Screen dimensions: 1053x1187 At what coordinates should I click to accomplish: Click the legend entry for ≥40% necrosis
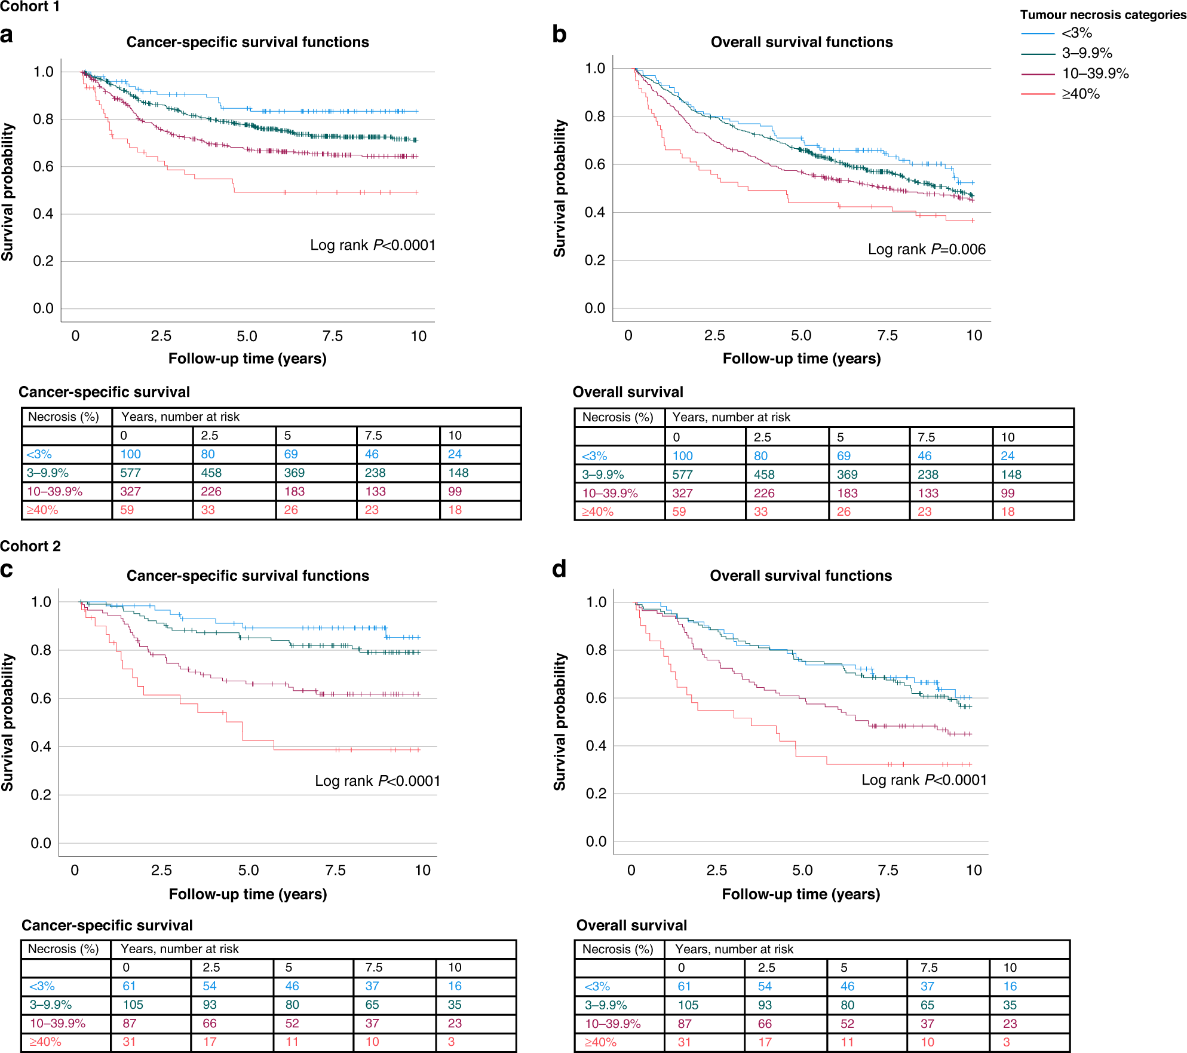1080,94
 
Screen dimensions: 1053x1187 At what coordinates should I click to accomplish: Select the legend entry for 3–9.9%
1086,53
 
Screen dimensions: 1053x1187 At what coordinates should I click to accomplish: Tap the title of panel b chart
801,42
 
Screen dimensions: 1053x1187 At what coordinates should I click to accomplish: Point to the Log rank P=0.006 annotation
926,249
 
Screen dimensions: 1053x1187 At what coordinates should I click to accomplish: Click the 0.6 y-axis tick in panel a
43,166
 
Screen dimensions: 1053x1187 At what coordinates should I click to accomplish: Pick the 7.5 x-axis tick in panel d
888,870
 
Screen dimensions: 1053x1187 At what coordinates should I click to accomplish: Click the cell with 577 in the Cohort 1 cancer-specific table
130,473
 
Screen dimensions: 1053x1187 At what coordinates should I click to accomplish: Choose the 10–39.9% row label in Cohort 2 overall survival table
612,1024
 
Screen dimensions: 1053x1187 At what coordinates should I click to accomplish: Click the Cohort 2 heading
30,546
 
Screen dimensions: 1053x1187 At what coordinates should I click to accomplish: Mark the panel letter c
7,570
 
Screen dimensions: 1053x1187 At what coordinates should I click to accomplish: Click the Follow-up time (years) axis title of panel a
247,359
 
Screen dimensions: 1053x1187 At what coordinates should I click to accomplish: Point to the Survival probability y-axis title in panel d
560,721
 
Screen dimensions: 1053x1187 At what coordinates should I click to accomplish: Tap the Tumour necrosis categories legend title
1103,15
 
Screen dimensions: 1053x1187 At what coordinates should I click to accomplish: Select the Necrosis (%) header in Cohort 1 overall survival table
618,417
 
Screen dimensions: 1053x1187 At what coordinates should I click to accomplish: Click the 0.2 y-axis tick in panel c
41,795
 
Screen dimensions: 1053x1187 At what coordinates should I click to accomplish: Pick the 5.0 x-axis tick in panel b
800,335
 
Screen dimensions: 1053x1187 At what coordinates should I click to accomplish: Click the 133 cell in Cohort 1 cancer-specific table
375,491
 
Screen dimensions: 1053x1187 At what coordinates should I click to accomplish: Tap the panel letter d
559,570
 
